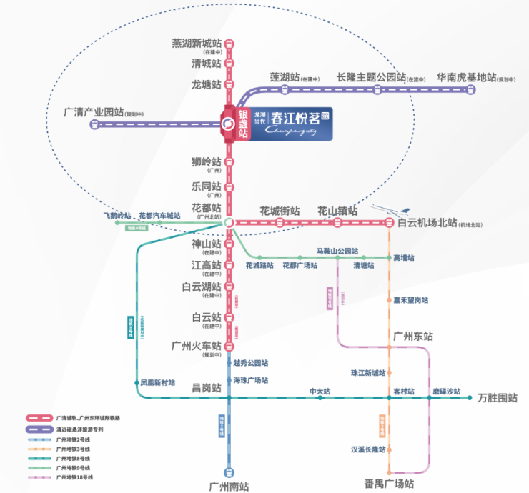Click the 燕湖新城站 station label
(197, 43)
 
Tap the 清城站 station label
(207, 63)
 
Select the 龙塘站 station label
(207, 84)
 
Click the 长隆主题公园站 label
(371, 77)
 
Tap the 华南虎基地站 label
(466, 77)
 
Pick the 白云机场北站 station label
(427, 223)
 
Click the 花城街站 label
(279, 211)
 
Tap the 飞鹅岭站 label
(117, 215)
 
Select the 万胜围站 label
(497, 398)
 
